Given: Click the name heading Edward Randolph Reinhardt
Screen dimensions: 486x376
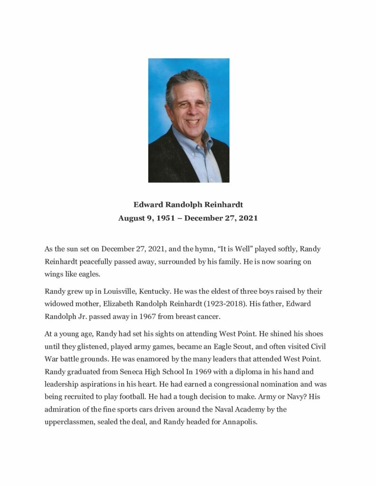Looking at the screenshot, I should (188, 205).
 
